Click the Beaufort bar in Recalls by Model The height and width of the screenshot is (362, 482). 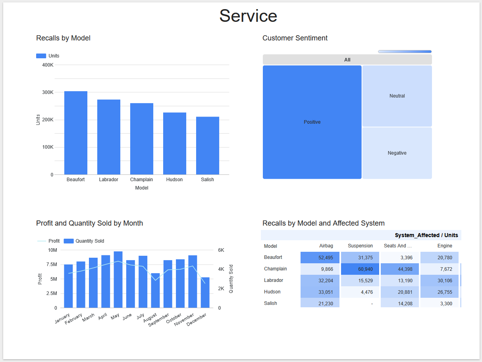click(x=76, y=133)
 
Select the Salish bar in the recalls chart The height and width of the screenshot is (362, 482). click(x=207, y=146)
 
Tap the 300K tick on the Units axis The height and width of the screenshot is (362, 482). click(x=48, y=92)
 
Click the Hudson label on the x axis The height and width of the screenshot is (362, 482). click(x=174, y=180)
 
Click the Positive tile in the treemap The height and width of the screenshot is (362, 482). click(x=312, y=122)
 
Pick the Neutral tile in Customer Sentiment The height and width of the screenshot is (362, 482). click(x=397, y=96)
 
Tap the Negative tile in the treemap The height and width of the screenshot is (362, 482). click(x=397, y=153)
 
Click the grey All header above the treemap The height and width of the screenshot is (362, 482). click(x=347, y=60)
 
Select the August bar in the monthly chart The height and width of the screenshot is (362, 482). click(x=155, y=290)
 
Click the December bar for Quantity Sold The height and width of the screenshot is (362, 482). click(x=205, y=293)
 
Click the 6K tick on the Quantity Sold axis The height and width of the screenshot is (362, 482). click(x=221, y=250)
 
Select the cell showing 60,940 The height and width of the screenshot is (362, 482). click(x=360, y=269)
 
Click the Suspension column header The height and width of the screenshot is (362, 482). click(x=360, y=246)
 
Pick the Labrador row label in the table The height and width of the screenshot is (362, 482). click(x=274, y=280)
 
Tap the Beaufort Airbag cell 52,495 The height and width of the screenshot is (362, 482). click(x=320, y=258)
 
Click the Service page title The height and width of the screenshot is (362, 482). click(x=248, y=16)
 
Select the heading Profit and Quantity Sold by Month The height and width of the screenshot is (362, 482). click(x=89, y=223)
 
